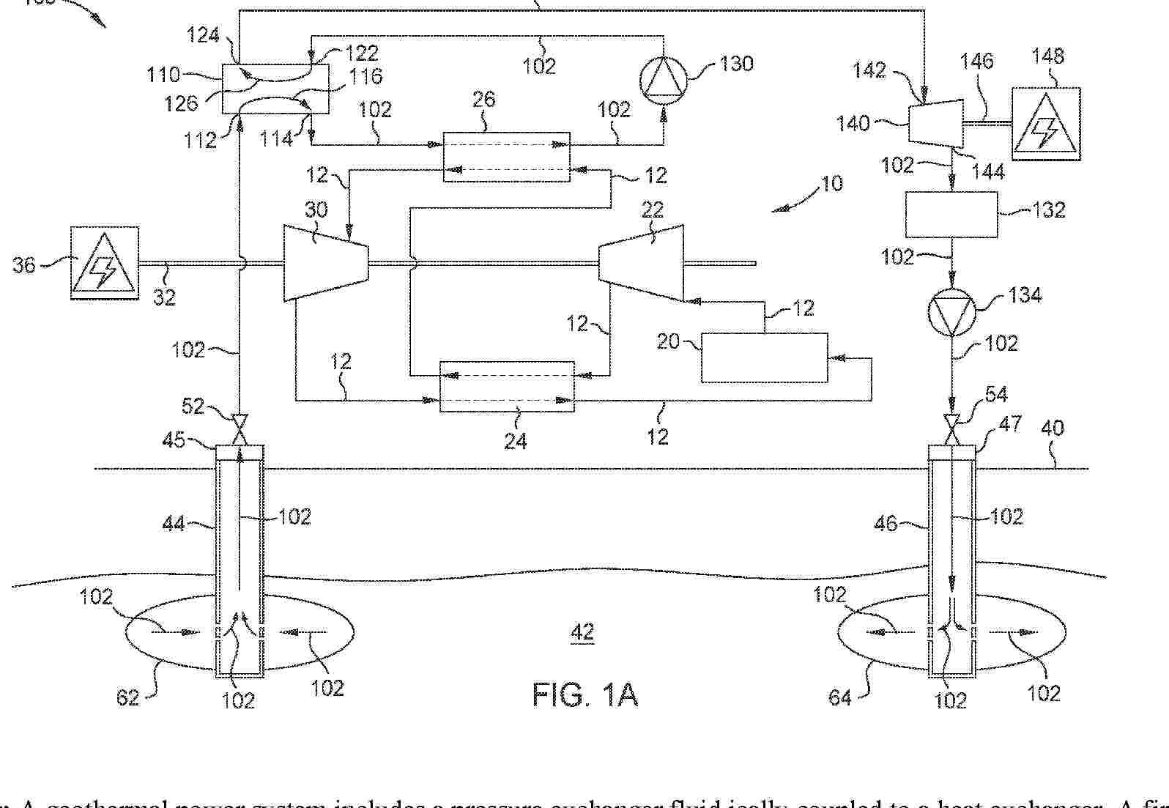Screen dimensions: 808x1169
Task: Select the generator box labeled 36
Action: click(104, 263)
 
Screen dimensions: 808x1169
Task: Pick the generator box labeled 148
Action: click(1045, 124)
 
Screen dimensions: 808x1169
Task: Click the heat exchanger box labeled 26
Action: click(506, 157)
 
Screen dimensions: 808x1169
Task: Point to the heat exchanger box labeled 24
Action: click(507, 387)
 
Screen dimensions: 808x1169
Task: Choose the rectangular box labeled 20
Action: click(764, 357)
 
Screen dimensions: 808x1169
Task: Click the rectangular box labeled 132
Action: click(951, 215)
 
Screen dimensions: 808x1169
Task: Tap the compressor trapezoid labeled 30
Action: click(324, 262)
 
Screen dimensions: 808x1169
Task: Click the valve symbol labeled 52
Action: click(240, 429)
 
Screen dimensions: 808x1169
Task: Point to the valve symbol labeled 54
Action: click(951, 428)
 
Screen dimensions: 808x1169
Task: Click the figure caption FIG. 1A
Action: click(584, 694)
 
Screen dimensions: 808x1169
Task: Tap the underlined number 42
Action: click(582, 631)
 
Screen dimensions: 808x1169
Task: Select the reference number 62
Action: click(127, 697)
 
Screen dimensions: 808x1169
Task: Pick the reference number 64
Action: click(839, 697)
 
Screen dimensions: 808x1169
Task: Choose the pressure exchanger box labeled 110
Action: click(275, 89)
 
